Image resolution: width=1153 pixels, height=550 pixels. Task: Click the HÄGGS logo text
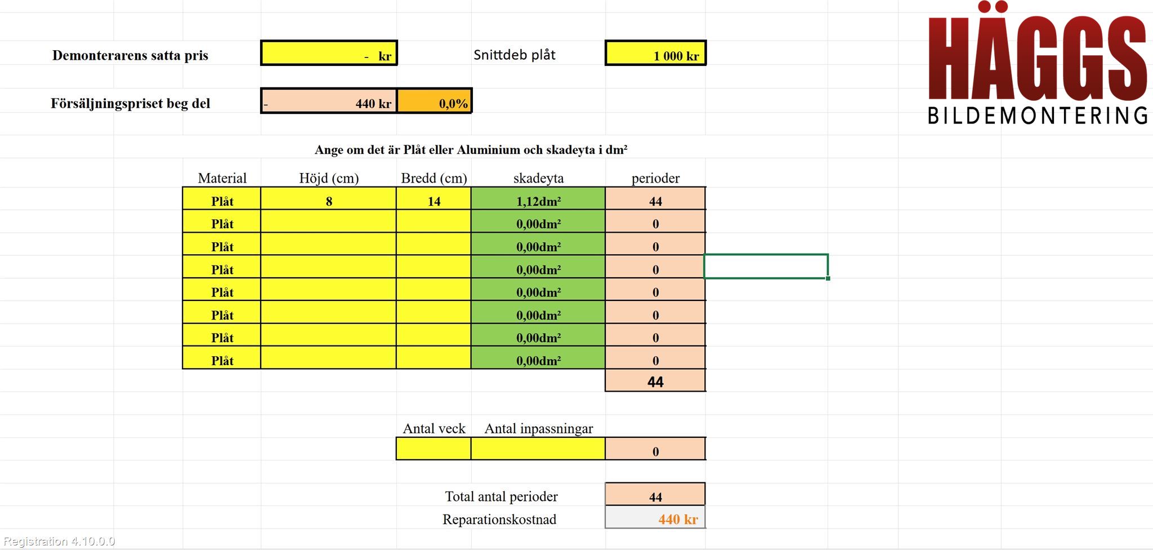(1037, 53)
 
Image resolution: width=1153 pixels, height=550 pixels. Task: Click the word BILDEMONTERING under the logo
(1038, 116)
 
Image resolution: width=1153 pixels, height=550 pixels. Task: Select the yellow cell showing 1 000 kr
(655, 53)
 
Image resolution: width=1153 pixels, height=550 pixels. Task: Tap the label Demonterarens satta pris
(130, 55)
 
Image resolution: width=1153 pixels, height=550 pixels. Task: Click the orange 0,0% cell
(434, 101)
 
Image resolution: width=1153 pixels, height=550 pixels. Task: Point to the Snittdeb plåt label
(515, 55)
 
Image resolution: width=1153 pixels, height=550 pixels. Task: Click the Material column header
(222, 178)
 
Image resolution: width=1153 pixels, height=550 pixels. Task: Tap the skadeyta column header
(538, 178)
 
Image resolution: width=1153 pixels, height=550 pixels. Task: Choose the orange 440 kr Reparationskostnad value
(678, 519)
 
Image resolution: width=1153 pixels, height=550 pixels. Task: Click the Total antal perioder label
(501, 496)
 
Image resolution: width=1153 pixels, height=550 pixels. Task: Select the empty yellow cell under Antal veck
(434, 449)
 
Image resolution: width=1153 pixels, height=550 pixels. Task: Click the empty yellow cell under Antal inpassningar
(538, 449)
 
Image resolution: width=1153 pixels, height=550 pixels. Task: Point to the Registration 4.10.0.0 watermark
(59, 541)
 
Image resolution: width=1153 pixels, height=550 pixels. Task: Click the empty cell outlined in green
(766, 266)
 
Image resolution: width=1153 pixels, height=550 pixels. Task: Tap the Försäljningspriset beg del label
(131, 103)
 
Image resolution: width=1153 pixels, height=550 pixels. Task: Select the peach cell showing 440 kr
(329, 101)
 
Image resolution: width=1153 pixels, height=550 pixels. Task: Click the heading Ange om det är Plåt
(471, 150)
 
